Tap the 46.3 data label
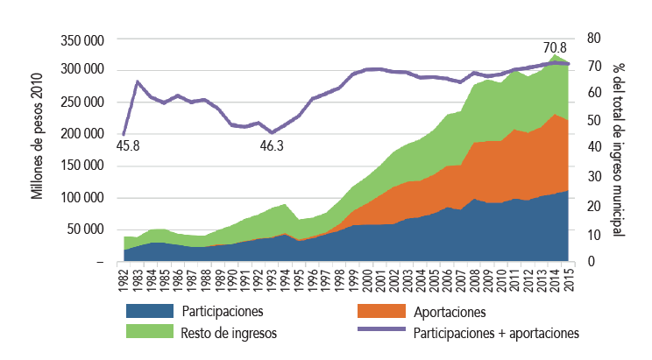pos(273,145)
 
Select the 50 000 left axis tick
pos(86,229)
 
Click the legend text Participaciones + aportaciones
pos(496,333)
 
